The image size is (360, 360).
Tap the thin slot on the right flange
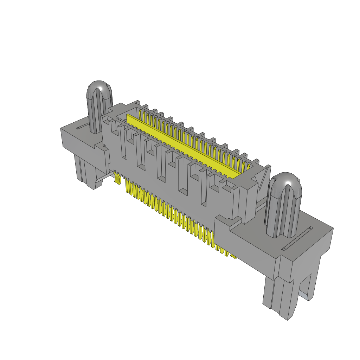(297, 239)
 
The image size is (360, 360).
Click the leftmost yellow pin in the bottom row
(128, 186)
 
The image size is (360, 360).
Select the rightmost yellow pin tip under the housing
(233, 257)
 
